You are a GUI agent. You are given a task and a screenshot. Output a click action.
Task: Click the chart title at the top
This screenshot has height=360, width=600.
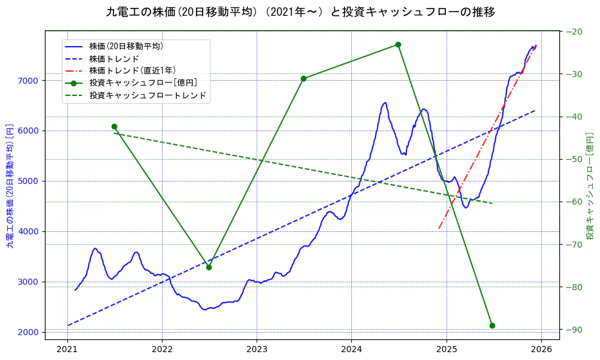click(300, 12)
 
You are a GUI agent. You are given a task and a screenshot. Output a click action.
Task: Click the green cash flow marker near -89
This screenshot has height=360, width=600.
click(492, 325)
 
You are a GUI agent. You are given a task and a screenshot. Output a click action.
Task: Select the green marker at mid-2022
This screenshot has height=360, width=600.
click(209, 267)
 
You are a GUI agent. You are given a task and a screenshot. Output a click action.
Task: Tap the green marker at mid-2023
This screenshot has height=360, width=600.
click(303, 78)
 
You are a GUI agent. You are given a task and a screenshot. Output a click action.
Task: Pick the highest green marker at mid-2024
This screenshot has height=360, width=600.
click(398, 44)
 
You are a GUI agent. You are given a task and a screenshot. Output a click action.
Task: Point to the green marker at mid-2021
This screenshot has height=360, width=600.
click(114, 126)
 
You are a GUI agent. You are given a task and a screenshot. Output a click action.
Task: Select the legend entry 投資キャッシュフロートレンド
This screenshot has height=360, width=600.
click(147, 95)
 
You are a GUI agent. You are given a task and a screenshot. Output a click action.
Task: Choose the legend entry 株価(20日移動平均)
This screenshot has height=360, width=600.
click(126, 46)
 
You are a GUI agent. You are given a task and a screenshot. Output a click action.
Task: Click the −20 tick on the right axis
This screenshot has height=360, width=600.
click(574, 32)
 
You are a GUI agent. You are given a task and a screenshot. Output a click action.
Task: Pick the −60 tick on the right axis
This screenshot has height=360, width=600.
click(574, 202)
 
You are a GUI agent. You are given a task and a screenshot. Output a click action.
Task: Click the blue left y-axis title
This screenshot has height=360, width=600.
click(10, 185)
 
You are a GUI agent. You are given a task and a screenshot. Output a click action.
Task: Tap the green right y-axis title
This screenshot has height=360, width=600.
click(590, 185)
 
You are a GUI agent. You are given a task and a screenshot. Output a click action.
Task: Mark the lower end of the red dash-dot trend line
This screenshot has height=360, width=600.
click(439, 228)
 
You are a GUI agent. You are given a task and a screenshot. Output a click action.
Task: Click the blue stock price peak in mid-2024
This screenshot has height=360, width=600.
click(385, 103)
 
